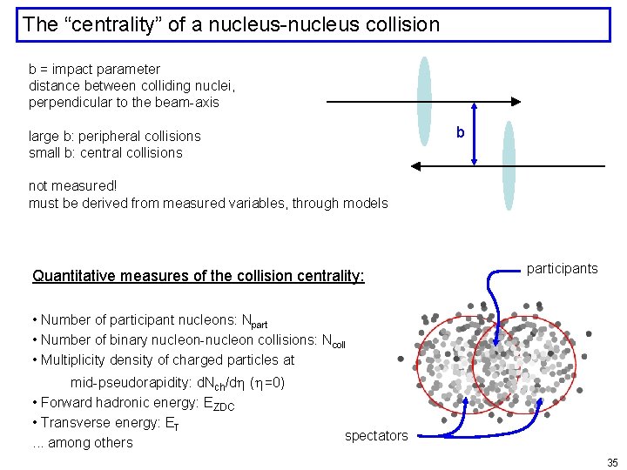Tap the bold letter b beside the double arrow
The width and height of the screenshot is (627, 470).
[461, 132]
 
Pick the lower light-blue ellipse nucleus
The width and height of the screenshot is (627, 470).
[509, 165]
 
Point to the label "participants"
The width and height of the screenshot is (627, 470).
[562, 268]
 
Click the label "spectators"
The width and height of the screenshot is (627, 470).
[375, 435]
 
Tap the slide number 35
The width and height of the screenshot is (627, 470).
[611, 461]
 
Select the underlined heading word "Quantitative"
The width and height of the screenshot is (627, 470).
[72, 276]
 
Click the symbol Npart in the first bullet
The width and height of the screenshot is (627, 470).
[253, 321]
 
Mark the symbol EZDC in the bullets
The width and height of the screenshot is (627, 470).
[218, 405]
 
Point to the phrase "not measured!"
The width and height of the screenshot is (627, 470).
[72, 186]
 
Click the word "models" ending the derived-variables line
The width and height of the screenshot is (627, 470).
[366, 203]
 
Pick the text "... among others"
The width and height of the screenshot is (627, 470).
[82, 442]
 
